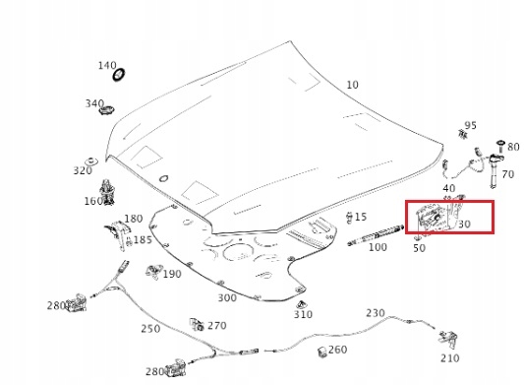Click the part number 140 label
(x=107, y=65)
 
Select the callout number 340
(x=94, y=103)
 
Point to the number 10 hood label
(x=352, y=85)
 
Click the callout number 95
(x=470, y=126)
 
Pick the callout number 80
(x=513, y=147)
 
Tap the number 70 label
(x=507, y=174)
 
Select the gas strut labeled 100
(x=376, y=235)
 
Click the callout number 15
(x=360, y=217)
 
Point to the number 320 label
(x=83, y=170)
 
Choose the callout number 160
(x=93, y=201)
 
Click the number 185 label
(x=143, y=239)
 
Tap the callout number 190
(x=172, y=274)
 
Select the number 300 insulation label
(x=227, y=298)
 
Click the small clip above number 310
(x=302, y=304)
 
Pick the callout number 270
(x=217, y=326)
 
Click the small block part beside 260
(x=322, y=352)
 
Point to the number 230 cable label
(x=376, y=313)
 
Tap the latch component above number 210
(x=448, y=339)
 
